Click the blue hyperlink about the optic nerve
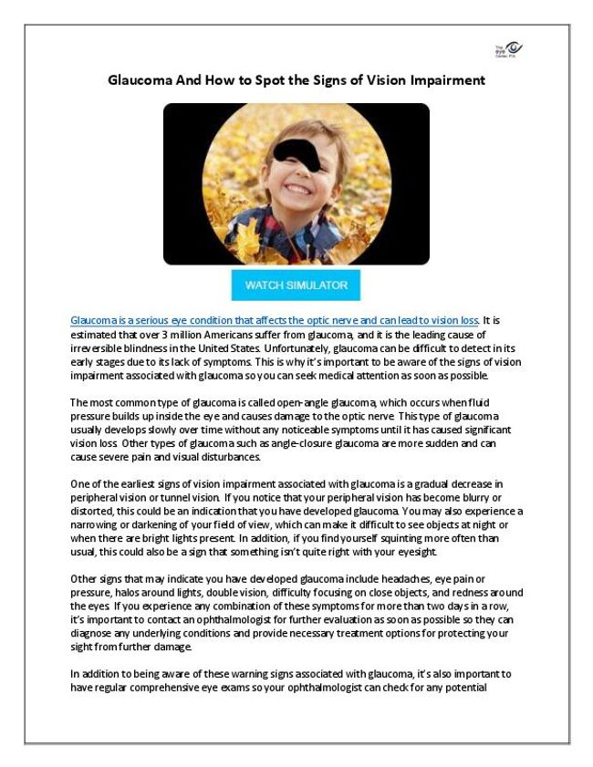tap(275, 321)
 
